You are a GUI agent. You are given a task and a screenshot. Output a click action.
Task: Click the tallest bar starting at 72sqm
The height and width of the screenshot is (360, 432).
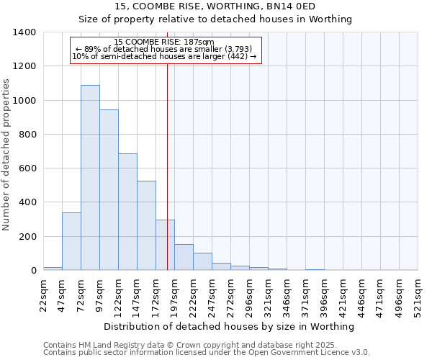[x=90, y=178]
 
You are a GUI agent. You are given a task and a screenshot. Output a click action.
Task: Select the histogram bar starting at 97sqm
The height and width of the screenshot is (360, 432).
[x=109, y=190]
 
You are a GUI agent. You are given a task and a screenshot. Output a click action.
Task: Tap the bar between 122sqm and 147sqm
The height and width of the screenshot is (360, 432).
[x=127, y=212]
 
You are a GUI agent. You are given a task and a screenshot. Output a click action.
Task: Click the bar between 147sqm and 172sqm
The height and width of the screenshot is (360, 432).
[x=146, y=225]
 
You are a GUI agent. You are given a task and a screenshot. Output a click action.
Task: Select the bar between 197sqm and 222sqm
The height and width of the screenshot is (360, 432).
[x=184, y=257]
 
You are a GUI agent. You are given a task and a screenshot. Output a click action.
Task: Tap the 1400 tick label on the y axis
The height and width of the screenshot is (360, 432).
[x=24, y=32]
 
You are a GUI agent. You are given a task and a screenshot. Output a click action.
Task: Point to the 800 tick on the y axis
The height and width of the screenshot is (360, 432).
[x=27, y=135]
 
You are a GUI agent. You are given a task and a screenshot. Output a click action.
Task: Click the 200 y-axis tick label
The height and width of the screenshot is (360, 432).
[x=27, y=237]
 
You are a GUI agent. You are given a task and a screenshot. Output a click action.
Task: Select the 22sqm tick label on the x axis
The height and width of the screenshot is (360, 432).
[x=43, y=295]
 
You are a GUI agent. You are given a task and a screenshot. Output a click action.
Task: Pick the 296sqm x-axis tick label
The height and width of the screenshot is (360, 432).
[x=249, y=295]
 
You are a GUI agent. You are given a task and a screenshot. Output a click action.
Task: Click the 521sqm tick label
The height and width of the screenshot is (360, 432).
[x=418, y=295]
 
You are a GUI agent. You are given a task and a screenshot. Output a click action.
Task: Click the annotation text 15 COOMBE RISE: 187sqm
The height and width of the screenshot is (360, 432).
[x=164, y=42]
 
